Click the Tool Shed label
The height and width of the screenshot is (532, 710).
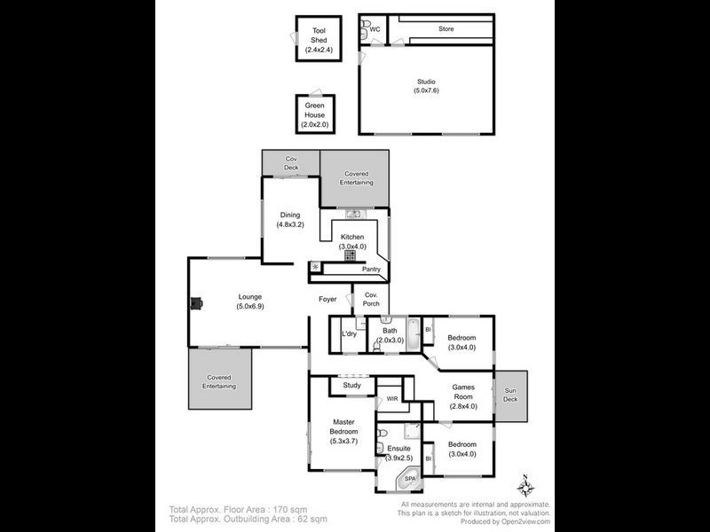point(319,35)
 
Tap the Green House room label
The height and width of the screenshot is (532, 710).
point(315,110)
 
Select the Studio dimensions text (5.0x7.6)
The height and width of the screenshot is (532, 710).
point(426,90)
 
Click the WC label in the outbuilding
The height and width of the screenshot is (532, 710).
point(375,29)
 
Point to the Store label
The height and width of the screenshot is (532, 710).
point(446,28)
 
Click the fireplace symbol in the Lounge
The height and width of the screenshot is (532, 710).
point(196,303)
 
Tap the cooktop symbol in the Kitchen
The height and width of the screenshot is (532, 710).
point(350,255)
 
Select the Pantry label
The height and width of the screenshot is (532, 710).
point(371,270)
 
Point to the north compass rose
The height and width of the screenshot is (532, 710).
point(525,487)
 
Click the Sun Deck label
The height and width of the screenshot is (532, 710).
point(510,395)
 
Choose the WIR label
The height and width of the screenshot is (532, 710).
point(392,399)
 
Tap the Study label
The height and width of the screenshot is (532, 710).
point(351,386)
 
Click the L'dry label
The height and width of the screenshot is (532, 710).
point(349,334)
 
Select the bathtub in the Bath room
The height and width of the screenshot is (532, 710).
point(414,335)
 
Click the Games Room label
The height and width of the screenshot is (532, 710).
point(463,392)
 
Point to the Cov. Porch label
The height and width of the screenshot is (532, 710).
point(371,299)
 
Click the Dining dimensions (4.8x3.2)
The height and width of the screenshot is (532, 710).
point(290,224)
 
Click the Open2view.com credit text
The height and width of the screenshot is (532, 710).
point(525,521)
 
